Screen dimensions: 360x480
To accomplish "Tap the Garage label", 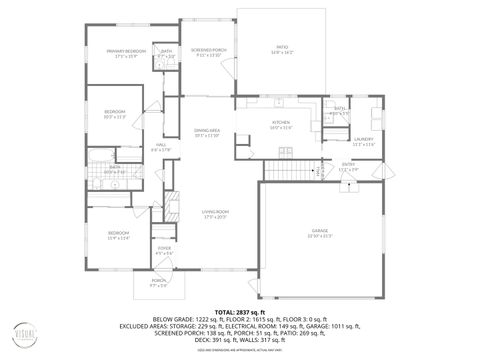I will [319, 230].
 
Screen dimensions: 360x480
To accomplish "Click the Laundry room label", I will [363, 139].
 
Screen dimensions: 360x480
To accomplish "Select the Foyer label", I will [164, 248].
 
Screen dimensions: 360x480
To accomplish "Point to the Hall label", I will [159, 144].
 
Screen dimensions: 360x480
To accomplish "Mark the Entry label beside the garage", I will [348, 164].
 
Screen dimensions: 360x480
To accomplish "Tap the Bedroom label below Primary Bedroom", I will [115, 111].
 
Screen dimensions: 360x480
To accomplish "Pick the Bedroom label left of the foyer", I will [119, 232].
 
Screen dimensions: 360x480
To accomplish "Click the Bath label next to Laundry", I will [340, 108].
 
